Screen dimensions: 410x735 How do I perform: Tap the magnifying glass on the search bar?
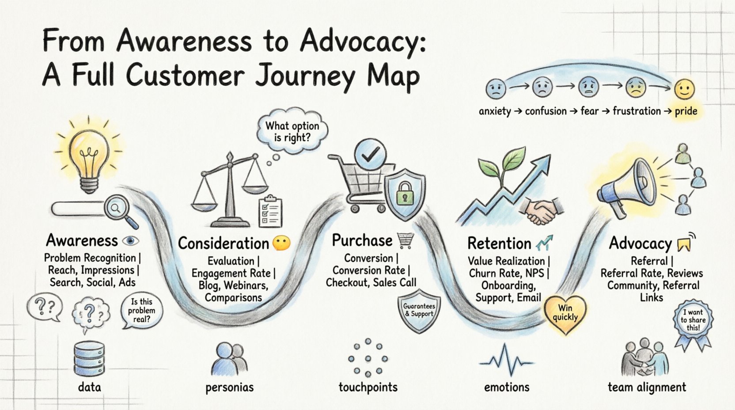pos(116,208)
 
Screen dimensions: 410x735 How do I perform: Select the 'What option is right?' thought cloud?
pos(292,131)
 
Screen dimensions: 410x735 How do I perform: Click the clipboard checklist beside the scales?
pos(270,211)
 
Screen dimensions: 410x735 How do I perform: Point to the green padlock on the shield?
pos(405,193)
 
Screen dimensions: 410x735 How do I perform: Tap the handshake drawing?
pos(542,210)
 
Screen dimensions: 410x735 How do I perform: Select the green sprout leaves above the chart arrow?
pos(504,166)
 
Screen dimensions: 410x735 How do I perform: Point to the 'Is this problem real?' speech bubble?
pos(141,310)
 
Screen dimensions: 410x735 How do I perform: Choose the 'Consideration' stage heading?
pos(224,243)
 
